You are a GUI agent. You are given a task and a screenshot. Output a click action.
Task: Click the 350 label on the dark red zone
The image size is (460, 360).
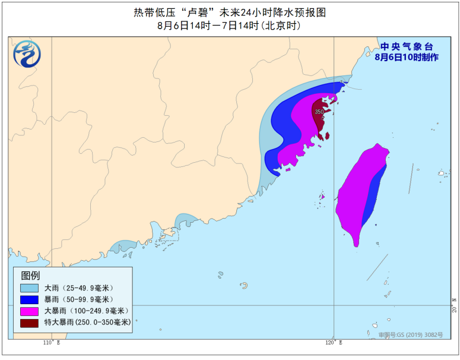click(319, 112)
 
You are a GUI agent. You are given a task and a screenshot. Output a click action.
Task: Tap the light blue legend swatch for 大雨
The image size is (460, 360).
click(29, 288)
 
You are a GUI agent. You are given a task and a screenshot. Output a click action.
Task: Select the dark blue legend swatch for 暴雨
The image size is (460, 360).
click(29, 299)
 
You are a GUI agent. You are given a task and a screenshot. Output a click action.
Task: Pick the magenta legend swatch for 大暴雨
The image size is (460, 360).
click(29, 311)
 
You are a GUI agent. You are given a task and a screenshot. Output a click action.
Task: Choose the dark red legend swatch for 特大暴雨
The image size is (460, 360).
click(29, 323)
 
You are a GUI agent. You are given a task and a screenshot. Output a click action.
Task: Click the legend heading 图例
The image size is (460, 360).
click(30, 276)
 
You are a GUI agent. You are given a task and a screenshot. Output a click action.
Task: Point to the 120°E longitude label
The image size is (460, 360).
click(334, 343)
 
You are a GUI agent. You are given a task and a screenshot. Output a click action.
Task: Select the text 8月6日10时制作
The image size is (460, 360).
click(407, 58)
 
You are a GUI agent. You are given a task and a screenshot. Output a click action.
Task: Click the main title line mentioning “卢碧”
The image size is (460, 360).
click(230, 12)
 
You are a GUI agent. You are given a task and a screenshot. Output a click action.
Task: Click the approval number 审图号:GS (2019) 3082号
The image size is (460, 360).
click(411, 335)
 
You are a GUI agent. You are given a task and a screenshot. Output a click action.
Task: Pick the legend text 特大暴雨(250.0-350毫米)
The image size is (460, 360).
click(87, 323)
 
